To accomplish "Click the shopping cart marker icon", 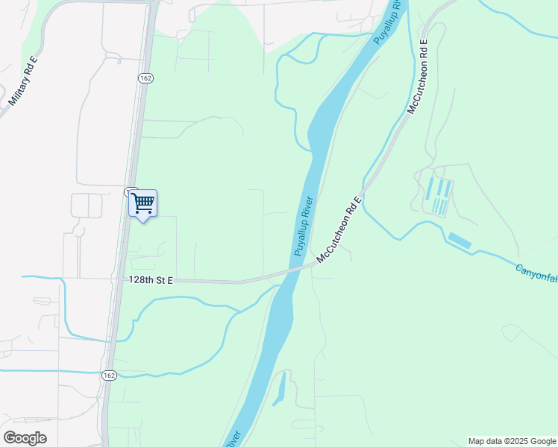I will point(142,202).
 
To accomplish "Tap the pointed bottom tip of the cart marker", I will point(142,221).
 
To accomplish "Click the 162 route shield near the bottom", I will point(109,375).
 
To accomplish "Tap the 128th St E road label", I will point(150,279).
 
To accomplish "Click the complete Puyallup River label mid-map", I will point(306,226).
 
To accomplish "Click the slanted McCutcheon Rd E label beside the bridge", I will point(339,229).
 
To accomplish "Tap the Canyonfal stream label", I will point(536,273).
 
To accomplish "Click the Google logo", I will point(25,438).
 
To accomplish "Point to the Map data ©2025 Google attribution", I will point(512,441).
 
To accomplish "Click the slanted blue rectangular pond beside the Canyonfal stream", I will point(460,241).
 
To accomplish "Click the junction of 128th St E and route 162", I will point(119,279).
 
